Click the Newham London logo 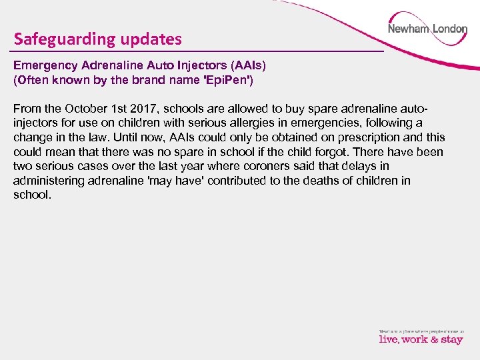pos(427,29)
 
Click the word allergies pos(257,123)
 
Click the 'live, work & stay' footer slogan pos(421,339)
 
